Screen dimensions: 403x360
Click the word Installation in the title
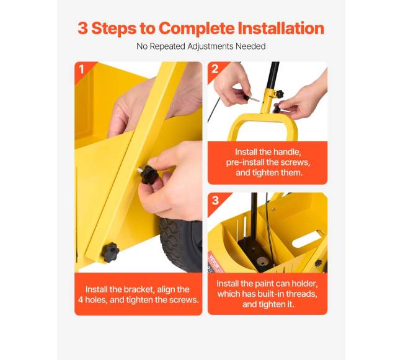(x=281, y=28)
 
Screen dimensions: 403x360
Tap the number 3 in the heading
(x=82, y=28)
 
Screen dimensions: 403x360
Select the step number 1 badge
(x=81, y=69)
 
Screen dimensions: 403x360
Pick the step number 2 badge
(x=215, y=69)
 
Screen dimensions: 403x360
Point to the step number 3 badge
(x=215, y=200)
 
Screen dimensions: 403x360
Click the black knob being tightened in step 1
(x=149, y=175)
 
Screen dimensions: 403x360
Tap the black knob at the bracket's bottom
(x=110, y=252)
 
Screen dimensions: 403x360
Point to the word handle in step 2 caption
(x=287, y=152)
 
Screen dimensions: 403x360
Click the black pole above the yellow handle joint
(x=274, y=75)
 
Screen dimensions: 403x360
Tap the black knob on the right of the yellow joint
(x=280, y=94)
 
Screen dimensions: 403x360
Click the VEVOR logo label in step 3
(x=214, y=261)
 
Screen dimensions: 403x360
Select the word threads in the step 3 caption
(x=303, y=294)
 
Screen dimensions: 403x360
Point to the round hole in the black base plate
(x=262, y=261)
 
